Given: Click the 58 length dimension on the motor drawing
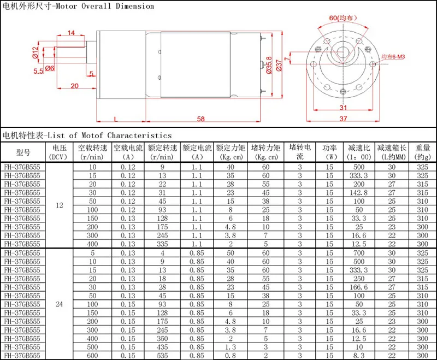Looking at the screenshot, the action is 200,119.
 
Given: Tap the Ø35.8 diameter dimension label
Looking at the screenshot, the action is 269,65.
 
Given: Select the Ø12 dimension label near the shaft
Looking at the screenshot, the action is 35,52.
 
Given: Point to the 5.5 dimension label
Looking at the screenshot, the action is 38,71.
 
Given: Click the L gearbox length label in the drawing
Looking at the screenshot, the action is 116,119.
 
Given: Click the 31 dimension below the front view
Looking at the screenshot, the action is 343,108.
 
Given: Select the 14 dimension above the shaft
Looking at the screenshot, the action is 71,33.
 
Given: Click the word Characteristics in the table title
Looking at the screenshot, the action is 139,135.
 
